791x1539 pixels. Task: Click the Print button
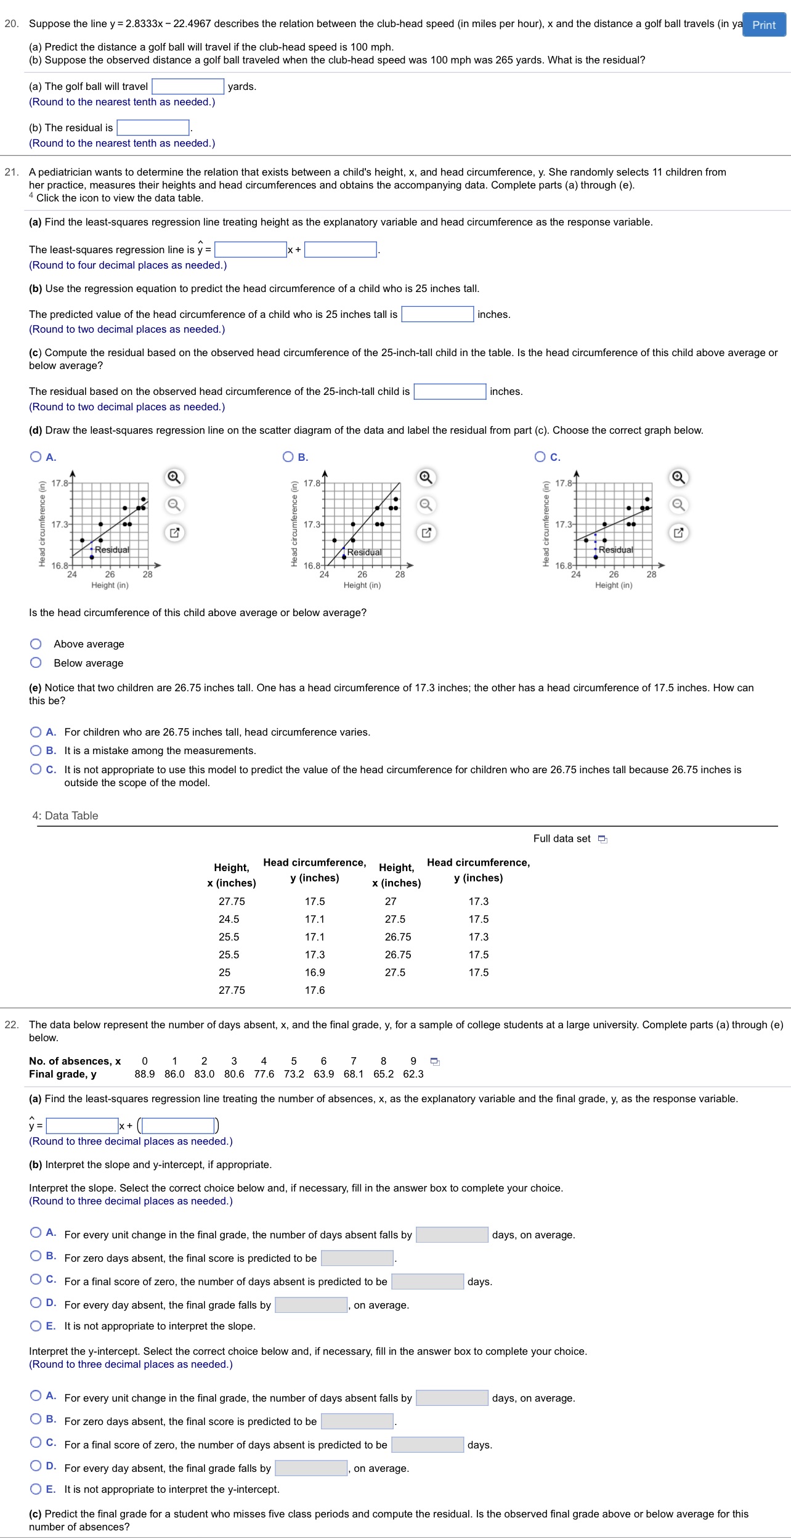[x=764, y=25]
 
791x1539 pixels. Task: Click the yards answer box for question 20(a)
[x=188, y=86]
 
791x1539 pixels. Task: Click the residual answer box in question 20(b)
[x=153, y=128]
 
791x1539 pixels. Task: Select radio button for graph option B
[x=288, y=457]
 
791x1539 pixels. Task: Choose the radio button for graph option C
[x=540, y=457]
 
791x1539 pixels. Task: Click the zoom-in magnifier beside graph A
[x=174, y=477]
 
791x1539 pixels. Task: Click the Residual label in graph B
[x=364, y=552]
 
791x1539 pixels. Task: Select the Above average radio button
[x=36, y=644]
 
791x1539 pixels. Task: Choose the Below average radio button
[x=36, y=663]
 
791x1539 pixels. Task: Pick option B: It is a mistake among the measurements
[x=36, y=750]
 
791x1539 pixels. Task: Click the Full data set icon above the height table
[x=602, y=839]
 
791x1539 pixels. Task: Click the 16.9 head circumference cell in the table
[x=315, y=972]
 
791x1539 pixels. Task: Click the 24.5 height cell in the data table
[x=229, y=919]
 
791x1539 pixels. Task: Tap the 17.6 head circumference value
[x=315, y=990]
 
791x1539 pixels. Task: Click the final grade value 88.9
[x=144, y=1074]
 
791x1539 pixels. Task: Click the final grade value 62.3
[x=413, y=1074]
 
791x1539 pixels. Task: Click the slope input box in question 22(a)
[x=82, y=1126]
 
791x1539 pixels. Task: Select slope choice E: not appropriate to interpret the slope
[x=36, y=1326]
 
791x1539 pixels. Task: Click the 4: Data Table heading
[x=65, y=816]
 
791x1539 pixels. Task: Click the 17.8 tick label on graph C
[x=563, y=483]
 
